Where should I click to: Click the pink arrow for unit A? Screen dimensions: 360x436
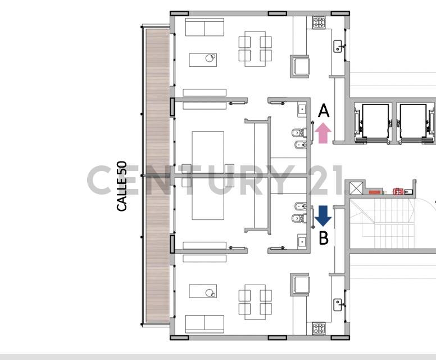[323, 133]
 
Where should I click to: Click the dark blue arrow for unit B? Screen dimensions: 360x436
[323, 215]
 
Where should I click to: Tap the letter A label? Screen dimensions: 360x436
[323, 111]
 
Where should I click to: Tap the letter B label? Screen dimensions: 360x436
[324, 238]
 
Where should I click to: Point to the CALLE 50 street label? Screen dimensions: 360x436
[122, 186]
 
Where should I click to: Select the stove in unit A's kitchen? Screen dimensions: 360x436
[319, 23]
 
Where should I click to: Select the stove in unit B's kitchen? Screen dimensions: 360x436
[319, 328]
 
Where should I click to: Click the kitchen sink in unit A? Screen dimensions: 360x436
[338, 46]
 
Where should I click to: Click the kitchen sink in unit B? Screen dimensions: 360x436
[338, 304]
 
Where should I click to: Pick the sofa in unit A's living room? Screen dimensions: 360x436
[205, 27]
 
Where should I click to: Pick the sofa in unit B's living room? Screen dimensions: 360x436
[205, 323]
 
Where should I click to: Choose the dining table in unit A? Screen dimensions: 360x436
[255, 49]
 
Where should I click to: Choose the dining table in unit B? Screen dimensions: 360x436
[255, 301]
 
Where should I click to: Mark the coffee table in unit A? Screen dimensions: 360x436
[203, 60]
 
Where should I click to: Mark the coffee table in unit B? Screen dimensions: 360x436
[203, 291]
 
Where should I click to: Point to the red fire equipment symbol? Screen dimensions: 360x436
[399, 191]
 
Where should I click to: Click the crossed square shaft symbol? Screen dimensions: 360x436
[356, 188]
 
